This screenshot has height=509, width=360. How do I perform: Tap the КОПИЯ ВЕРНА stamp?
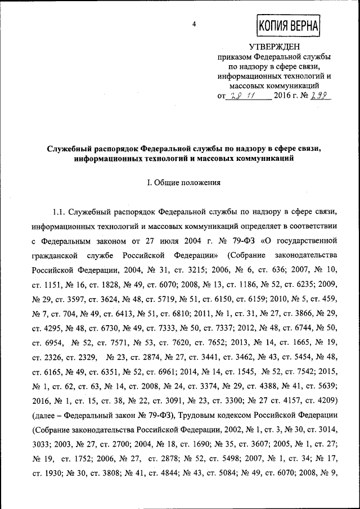[288, 25]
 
